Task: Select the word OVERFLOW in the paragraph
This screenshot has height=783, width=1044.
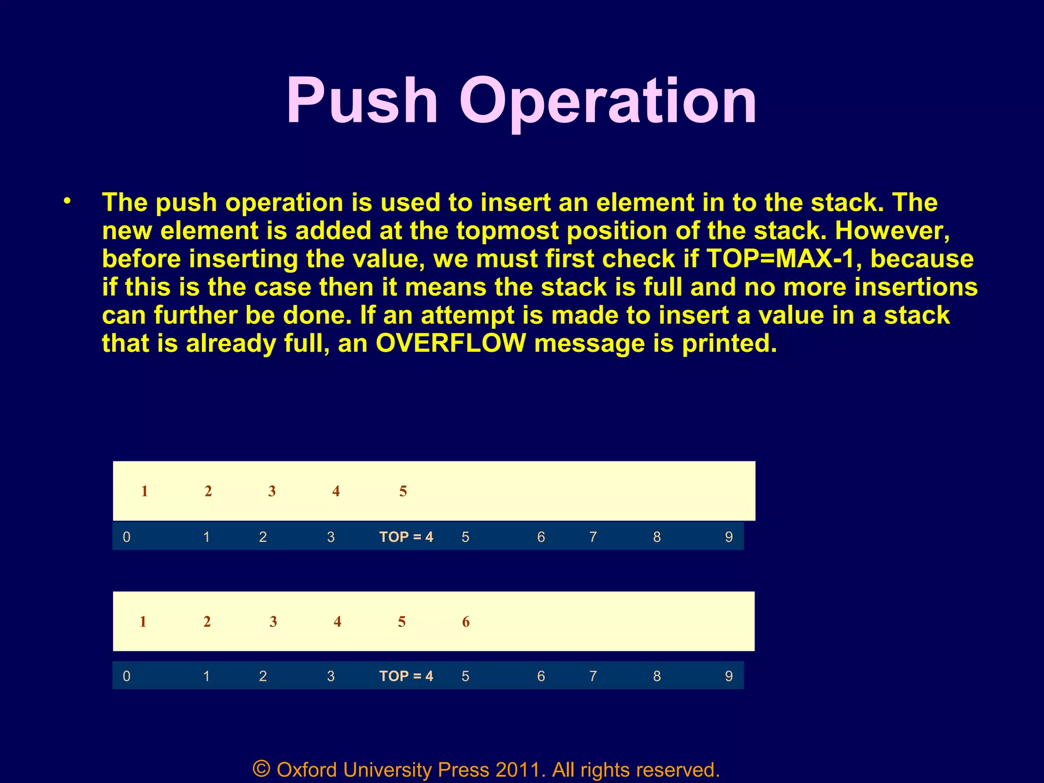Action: click(x=451, y=343)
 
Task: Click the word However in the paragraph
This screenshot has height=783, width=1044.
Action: click(x=892, y=230)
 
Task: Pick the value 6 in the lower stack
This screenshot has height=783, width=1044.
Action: click(x=466, y=621)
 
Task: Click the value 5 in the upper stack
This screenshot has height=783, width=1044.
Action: click(x=403, y=491)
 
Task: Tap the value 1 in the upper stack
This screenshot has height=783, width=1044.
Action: click(x=145, y=491)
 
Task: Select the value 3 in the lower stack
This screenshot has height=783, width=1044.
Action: click(x=273, y=621)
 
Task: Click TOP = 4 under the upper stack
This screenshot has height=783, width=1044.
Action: click(x=406, y=537)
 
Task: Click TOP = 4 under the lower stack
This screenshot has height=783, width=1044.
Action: click(x=406, y=676)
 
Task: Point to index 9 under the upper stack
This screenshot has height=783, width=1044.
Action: click(x=729, y=537)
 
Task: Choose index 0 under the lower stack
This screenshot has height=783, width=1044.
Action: click(x=126, y=676)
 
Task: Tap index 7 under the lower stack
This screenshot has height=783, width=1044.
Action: click(x=593, y=676)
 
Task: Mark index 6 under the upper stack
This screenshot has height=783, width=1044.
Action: click(x=541, y=537)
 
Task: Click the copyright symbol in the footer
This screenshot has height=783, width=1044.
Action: click(x=262, y=769)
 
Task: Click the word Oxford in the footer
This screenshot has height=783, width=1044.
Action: click(x=306, y=770)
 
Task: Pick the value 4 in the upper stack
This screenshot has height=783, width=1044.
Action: click(x=336, y=491)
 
